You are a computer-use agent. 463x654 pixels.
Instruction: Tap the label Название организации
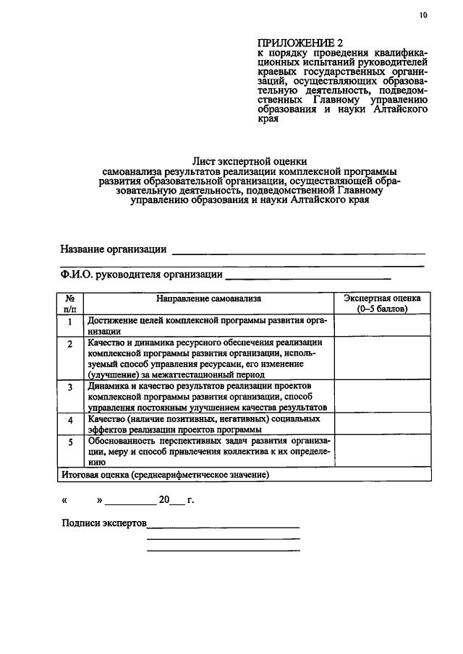pos(113,249)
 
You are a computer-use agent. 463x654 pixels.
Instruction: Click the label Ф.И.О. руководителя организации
pos(140,274)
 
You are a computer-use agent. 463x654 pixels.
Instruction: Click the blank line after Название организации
pos(297,252)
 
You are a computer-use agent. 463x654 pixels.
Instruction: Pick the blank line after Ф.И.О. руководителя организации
pos(308,277)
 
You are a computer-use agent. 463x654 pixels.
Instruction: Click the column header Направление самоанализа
pos(208,298)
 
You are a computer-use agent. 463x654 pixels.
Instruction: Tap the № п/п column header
pos(71,303)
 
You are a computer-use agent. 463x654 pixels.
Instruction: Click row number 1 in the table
pos(70,323)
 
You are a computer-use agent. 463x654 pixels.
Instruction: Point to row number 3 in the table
pos(70,387)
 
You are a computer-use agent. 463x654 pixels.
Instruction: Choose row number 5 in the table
pos(70,442)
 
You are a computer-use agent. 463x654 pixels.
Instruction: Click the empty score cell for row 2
pos(382,358)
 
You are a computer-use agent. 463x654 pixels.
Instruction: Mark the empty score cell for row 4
pos(382,424)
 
